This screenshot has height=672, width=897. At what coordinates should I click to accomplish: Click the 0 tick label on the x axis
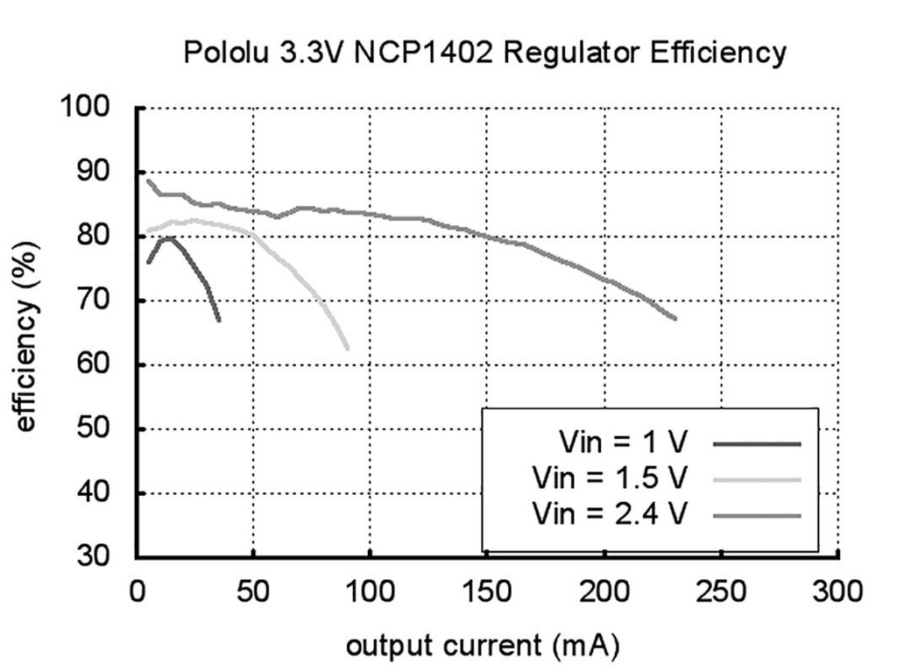(x=138, y=593)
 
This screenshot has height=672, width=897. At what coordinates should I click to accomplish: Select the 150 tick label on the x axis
(x=486, y=593)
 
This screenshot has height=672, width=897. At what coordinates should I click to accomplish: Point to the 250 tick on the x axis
(x=721, y=593)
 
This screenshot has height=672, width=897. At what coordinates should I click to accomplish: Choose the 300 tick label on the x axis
(x=837, y=593)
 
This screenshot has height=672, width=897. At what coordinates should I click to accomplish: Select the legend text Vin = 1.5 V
(x=610, y=477)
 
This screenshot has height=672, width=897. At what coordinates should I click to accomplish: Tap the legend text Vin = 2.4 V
(x=610, y=513)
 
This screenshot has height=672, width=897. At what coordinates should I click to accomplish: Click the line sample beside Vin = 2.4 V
(x=758, y=516)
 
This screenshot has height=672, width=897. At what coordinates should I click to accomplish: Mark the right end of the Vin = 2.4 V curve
(x=675, y=319)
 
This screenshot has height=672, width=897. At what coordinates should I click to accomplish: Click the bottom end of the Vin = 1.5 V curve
(x=348, y=349)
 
